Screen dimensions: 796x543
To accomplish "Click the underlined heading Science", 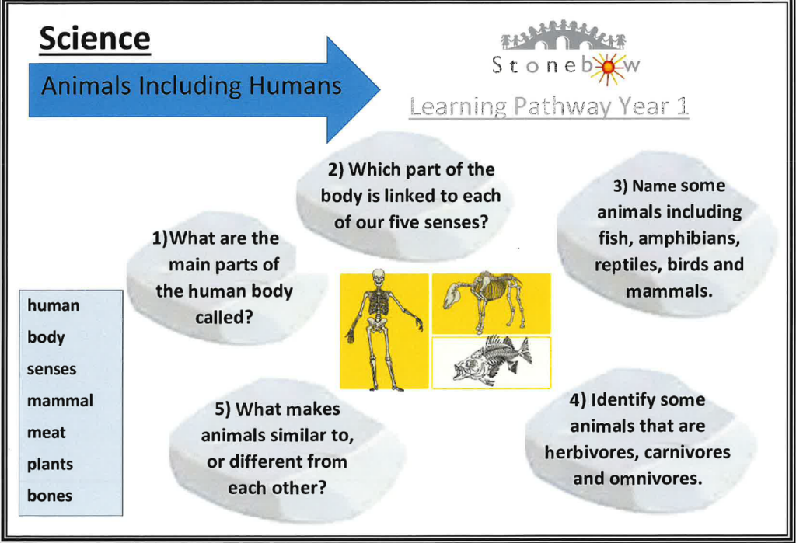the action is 95,39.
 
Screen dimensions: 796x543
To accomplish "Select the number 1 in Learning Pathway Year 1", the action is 682,106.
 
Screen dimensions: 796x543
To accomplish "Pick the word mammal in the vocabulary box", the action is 60,400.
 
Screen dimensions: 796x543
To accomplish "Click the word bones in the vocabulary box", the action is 50,496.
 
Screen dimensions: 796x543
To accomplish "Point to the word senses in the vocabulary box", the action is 52,369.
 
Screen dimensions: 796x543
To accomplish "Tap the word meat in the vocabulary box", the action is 46,433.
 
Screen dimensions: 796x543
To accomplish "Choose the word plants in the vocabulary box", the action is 50,465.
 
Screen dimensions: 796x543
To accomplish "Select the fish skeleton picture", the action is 491,362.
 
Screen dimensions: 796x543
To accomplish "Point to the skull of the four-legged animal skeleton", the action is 452,297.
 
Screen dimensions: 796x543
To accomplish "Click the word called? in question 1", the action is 224,317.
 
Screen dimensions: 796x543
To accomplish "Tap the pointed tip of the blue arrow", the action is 379,90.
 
